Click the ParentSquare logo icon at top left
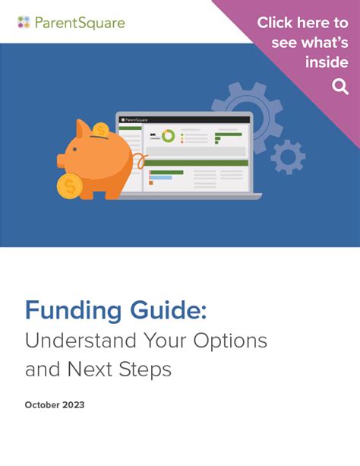(x=24, y=22)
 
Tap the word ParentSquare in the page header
(x=79, y=23)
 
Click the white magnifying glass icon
(x=339, y=87)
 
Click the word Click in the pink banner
(x=276, y=23)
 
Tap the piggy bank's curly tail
(x=139, y=161)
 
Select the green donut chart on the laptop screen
(x=168, y=136)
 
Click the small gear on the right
(x=288, y=157)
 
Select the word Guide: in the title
(x=163, y=311)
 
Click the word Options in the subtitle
(x=234, y=340)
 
